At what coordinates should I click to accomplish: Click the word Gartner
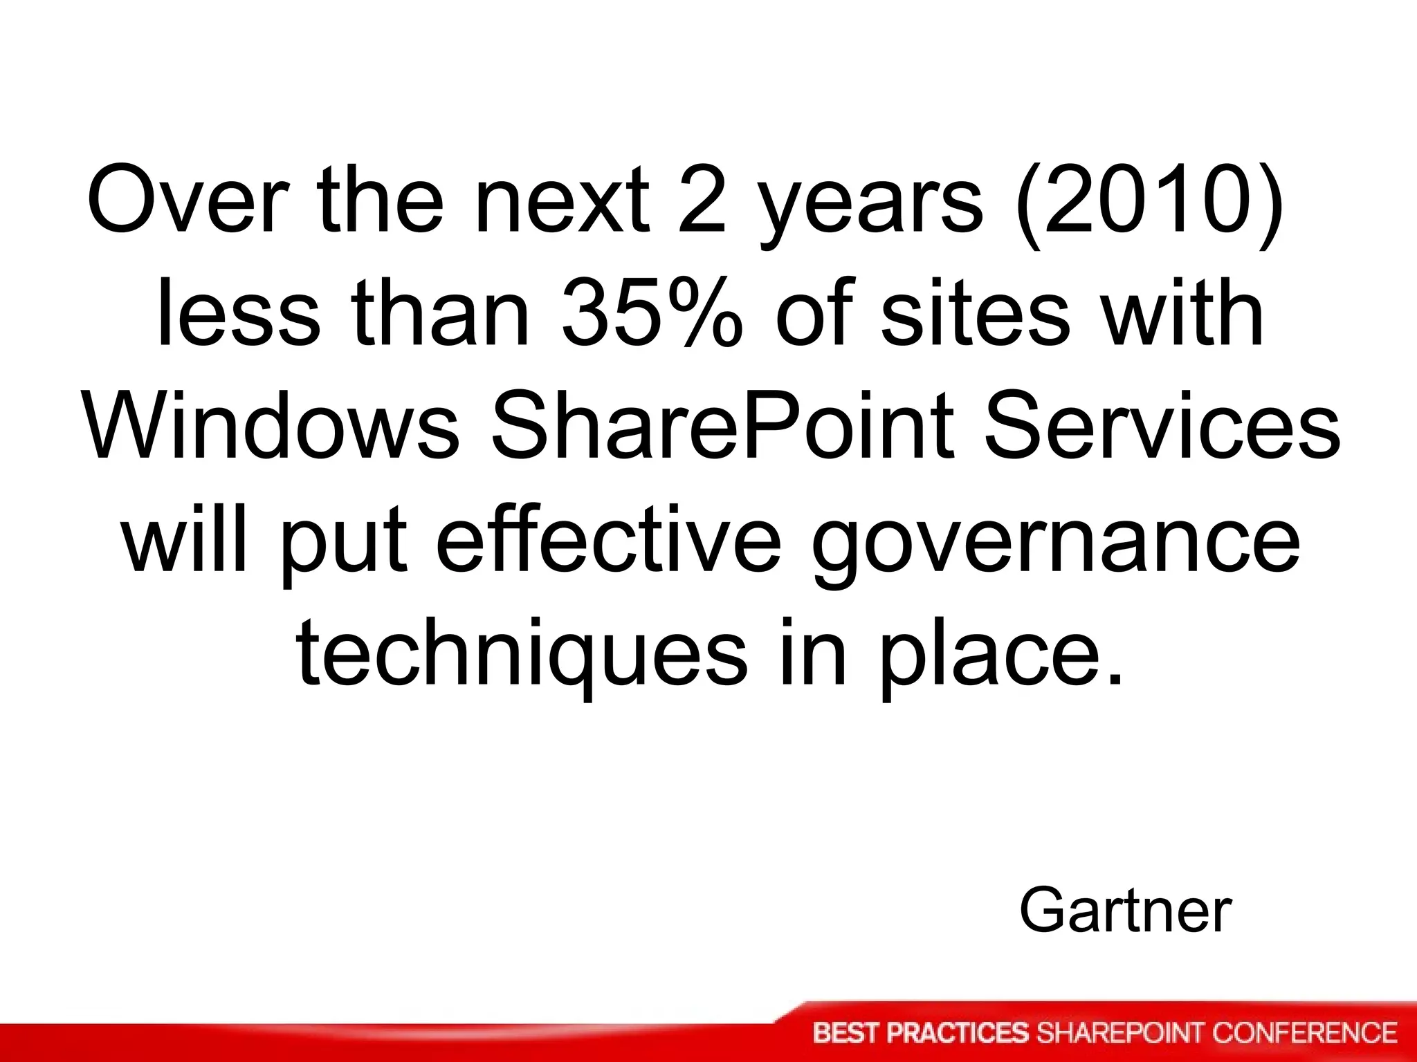pyautogui.click(x=1125, y=911)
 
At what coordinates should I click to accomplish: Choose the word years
pyautogui.click(x=870, y=204)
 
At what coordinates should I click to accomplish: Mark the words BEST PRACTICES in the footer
pyautogui.click(x=921, y=1033)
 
